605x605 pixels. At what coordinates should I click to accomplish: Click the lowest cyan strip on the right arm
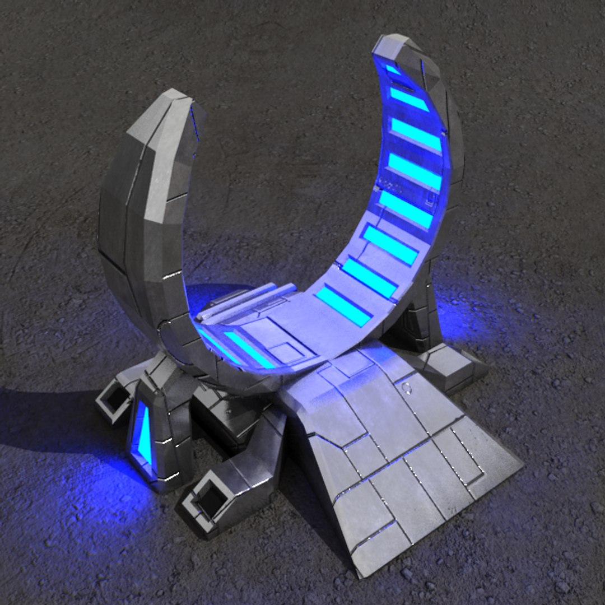343,305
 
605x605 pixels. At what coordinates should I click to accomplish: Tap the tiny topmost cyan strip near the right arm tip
393,70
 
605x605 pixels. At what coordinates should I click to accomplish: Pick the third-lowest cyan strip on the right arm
390,245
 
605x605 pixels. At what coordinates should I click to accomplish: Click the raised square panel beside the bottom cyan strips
286,353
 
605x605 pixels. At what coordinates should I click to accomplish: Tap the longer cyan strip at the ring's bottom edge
249,350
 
